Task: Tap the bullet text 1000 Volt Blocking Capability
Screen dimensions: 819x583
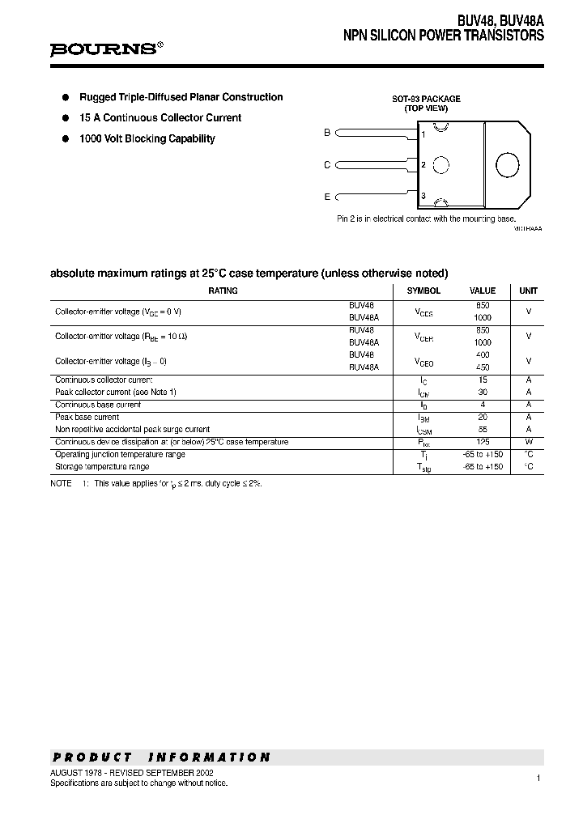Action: click(x=147, y=138)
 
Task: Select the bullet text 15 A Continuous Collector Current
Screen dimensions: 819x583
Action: click(x=160, y=117)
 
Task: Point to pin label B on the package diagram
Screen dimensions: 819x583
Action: click(x=327, y=132)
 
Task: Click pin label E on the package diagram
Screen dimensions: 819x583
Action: click(x=327, y=196)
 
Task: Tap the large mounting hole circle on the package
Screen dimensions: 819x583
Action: click(x=507, y=164)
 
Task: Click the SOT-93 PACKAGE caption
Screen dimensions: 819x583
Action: click(x=427, y=99)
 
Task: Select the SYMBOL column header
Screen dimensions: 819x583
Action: click(x=423, y=291)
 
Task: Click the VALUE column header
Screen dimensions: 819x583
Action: click(x=483, y=291)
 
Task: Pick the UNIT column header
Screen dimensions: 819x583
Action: click(x=528, y=291)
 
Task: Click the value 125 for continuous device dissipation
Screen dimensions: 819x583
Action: click(x=483, y=442)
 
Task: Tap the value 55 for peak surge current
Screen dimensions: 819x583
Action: click(x=483, y=430)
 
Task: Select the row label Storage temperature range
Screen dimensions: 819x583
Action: click(x=102, y=467)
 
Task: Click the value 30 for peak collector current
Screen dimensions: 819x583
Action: click(x=483, y=392)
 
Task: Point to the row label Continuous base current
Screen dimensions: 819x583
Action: click(x=98, y=404)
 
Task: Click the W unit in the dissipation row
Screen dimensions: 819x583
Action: click(x=528, y=442)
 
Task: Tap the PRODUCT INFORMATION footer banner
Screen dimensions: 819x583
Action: click(x=162, y=757)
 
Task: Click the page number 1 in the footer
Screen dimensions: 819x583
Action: click(x=538, y=778)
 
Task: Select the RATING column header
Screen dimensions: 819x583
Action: click(x=223, y=291)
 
